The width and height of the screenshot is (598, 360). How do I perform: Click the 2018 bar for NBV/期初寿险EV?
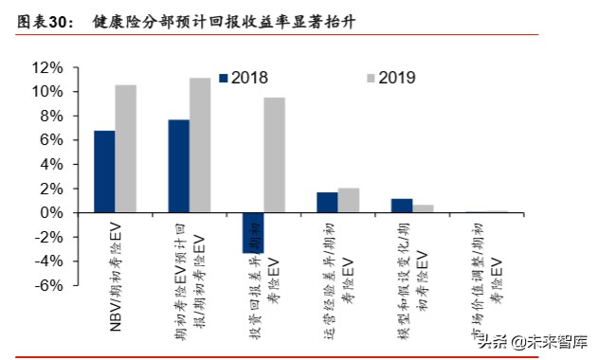coord(104,171)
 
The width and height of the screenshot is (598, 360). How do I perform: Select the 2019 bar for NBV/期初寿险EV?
coord(126,149)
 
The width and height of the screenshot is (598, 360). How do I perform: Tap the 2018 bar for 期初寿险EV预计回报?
coord(178,166)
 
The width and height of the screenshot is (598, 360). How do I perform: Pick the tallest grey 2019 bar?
coord(200,145)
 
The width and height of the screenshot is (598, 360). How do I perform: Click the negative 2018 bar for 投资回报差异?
coord(252,232)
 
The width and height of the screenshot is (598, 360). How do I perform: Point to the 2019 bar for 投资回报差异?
coord(274,154)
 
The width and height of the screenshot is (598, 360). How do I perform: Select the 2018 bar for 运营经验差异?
coord(326,202)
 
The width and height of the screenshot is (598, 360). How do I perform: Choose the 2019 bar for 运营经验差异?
coord(348,200)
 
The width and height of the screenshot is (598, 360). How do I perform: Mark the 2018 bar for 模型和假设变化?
coord(401,206)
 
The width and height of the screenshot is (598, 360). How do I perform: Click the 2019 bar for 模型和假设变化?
coord(423,208)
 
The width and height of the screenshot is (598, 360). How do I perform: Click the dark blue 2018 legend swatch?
coord(223,78)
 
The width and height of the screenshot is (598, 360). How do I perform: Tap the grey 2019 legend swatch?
coord(370,78)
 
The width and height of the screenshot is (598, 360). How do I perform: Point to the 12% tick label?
coord(47,68)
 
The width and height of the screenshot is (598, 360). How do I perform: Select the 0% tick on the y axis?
coord(51,212)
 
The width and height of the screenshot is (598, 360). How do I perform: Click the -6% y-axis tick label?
coord(47,285)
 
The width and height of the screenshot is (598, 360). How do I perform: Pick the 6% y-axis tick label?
coord(51,140)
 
